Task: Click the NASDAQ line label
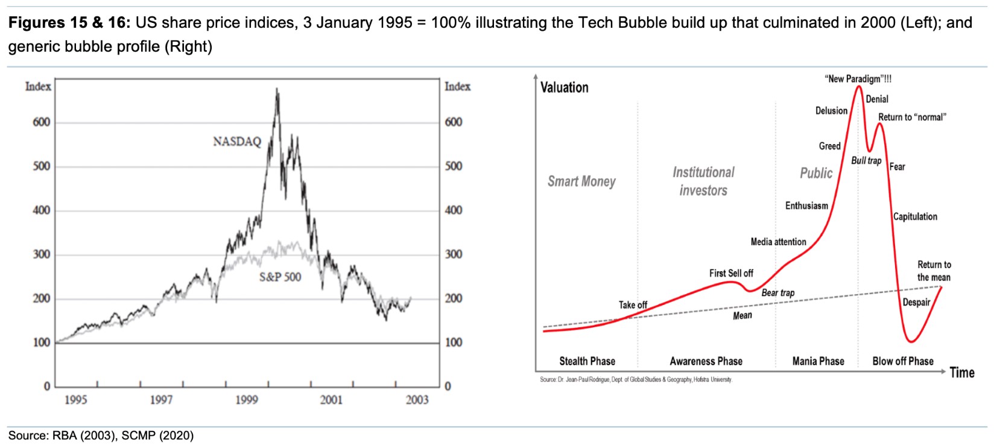[237, 142]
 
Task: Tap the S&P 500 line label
[280, 277]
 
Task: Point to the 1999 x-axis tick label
[246, 400]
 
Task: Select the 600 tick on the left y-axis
[42, 122]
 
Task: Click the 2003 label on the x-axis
[417, 400]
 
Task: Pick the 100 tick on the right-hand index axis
[454, 342]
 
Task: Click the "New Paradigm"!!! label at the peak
[858, 79]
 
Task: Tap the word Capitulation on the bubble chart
[915, 216]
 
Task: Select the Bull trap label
[866, 161]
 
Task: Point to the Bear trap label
[777, 293]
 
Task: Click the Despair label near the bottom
[916, 302]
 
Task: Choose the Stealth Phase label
[587, 361]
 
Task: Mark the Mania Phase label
[818, 361]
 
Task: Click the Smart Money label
[581, 181]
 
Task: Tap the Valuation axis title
[564, 87]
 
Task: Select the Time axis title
[961, 372]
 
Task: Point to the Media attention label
[778, 242]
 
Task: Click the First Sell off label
[731, 273]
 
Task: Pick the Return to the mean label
[934, 271]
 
